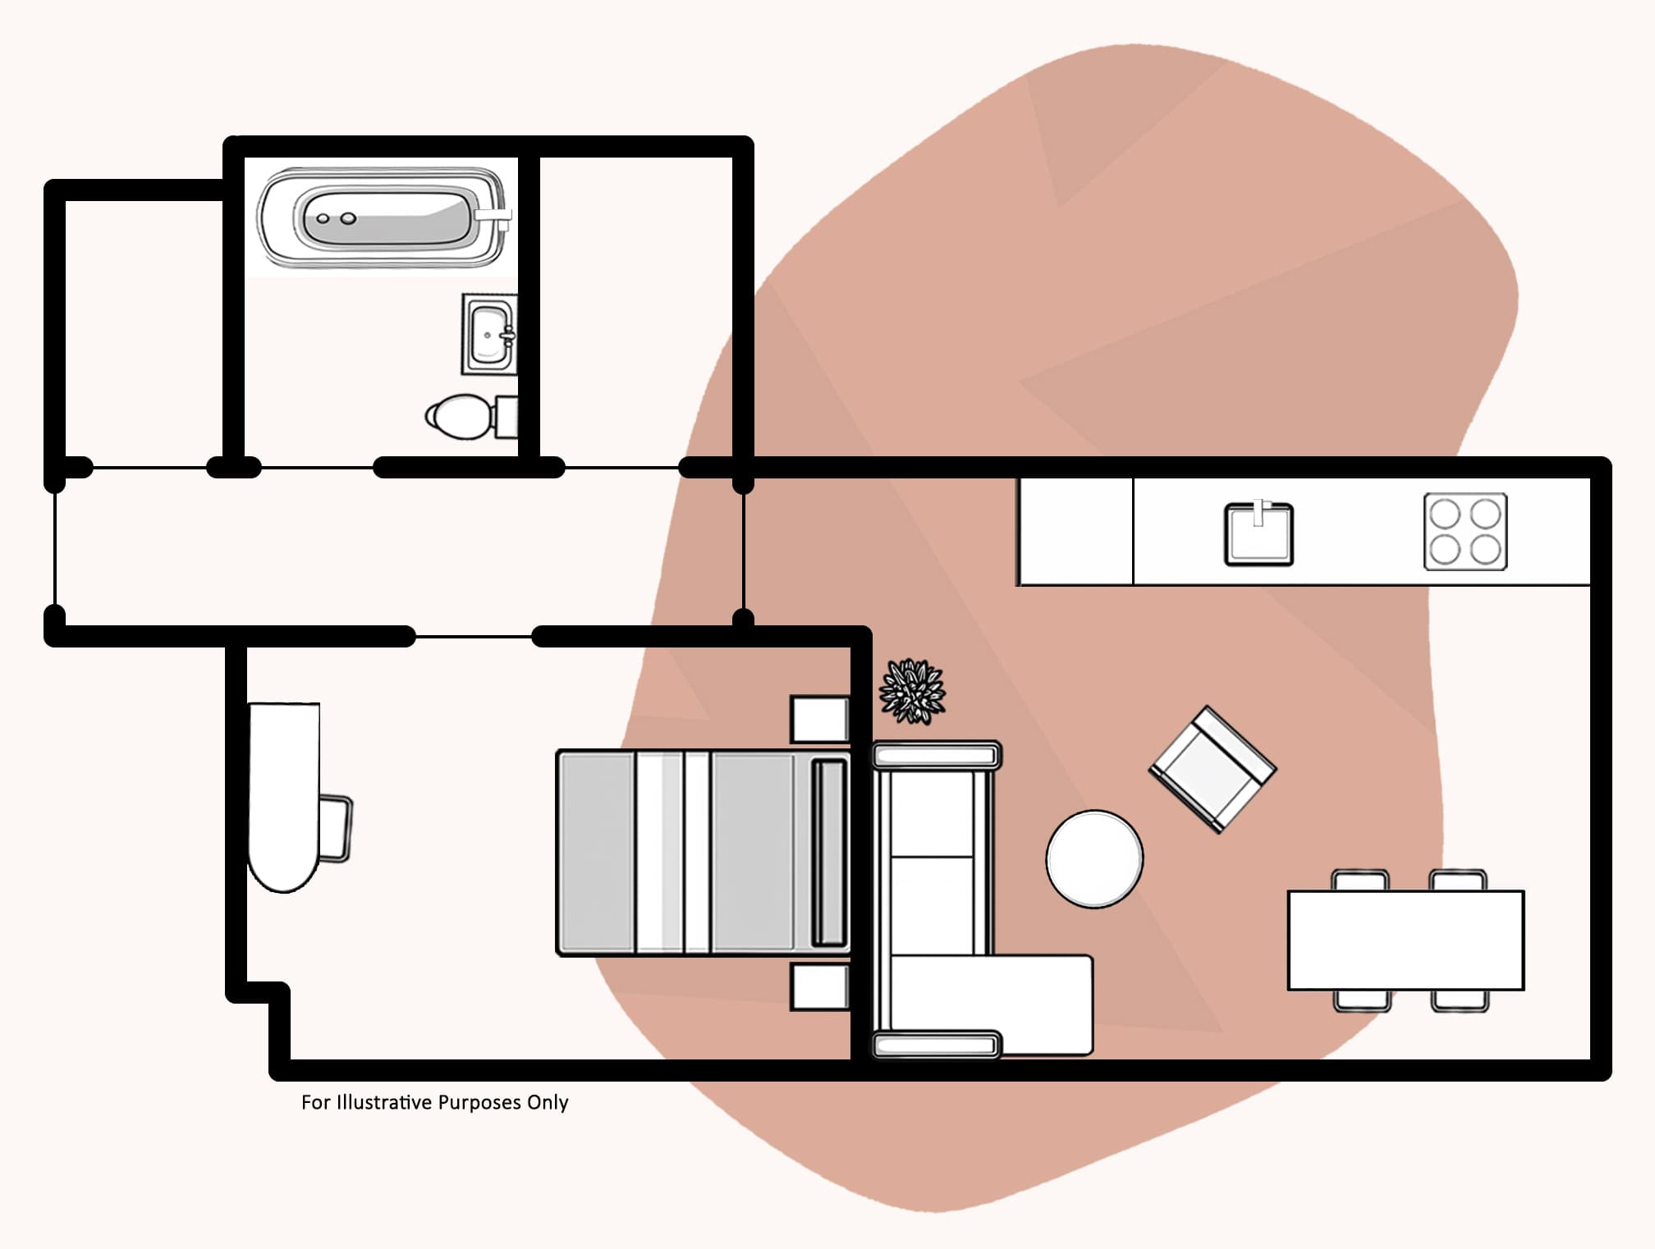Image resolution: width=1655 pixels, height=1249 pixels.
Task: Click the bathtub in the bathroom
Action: pos(382,218)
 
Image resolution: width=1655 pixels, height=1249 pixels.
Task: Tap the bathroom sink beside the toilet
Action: pos(489,335)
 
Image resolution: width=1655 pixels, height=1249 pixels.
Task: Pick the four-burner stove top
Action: pos(1465,532)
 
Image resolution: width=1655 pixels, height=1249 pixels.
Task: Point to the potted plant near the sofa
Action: pos(912,692)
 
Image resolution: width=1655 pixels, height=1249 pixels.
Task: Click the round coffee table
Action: pos(1094,859)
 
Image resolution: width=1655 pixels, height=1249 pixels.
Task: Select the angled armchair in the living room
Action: pos(1213,769)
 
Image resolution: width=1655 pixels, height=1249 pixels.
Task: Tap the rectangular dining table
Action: pos(1405,940)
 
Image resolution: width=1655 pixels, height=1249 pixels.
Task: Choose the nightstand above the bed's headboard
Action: pos(818,719)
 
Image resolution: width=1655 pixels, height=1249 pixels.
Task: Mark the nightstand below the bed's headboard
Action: pos(818,987)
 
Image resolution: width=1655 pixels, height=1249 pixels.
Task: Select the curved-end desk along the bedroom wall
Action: pos(283,792)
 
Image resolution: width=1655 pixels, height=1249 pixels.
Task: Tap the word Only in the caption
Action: pos(548,1102)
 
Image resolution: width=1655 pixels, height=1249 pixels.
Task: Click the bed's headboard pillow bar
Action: pos(829,853)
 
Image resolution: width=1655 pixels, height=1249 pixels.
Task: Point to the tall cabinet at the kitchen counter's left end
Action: pos(1075,532)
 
